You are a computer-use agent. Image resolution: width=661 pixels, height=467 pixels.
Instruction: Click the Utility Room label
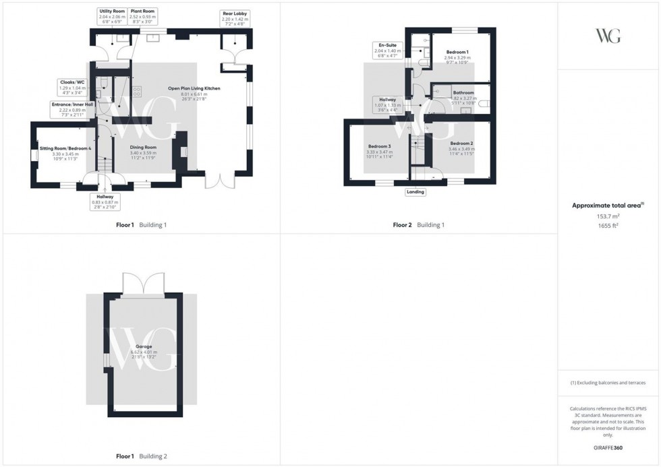(112, 11)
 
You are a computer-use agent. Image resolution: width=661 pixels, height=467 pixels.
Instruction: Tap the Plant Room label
(141, 11)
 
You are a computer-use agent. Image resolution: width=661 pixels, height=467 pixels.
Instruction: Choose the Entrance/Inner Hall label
(72, 104)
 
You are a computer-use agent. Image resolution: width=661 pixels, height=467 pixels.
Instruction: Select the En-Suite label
(387, 45)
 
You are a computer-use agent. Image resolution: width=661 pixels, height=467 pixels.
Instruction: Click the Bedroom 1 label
(457, 52)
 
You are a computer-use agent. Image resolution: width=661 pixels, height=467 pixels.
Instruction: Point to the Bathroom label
(463, 93)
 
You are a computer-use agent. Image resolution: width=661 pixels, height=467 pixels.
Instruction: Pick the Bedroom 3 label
(378, 146)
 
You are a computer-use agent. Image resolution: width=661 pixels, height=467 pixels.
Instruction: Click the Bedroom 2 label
(462, 144)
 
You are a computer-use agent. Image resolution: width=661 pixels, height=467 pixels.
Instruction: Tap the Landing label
(415, 192)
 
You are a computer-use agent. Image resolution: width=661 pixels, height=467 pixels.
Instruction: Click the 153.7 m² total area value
(605, 216)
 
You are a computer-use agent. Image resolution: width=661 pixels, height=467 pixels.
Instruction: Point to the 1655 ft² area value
(605, 226)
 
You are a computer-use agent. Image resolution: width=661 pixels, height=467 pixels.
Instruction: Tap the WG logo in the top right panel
(608, 36)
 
